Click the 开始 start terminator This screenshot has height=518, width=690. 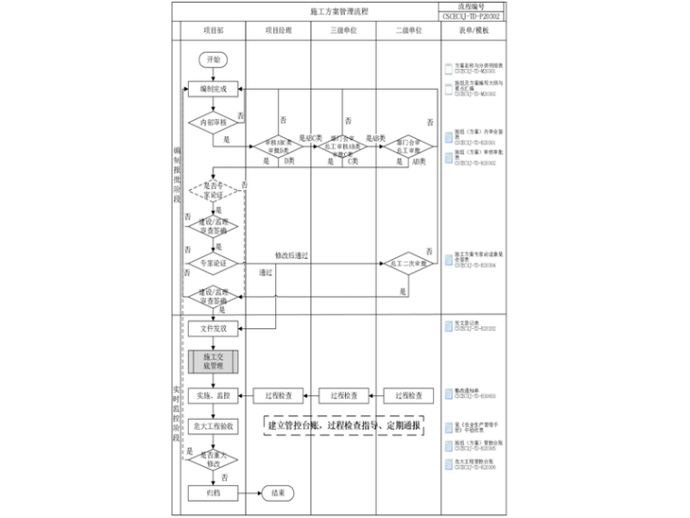tap(213, 59)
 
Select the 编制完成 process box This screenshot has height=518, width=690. tap(213, 89)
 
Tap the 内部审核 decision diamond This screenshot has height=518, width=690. tap(213, 121)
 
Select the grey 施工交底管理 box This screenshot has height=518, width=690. tap(213, 362)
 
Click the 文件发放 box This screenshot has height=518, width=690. tap(213, 328)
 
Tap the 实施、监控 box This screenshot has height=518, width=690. tap(213, 395)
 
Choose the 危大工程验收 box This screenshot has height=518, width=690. tap(213, 425)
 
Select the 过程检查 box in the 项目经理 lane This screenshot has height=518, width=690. tap(278, 395)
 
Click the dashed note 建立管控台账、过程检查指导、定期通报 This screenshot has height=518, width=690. tap(343, 425)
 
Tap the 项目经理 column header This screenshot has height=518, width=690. tap(278, 30)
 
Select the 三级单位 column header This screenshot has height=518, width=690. tap(343, 30)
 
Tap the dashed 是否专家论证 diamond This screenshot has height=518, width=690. tap(213, 190)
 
